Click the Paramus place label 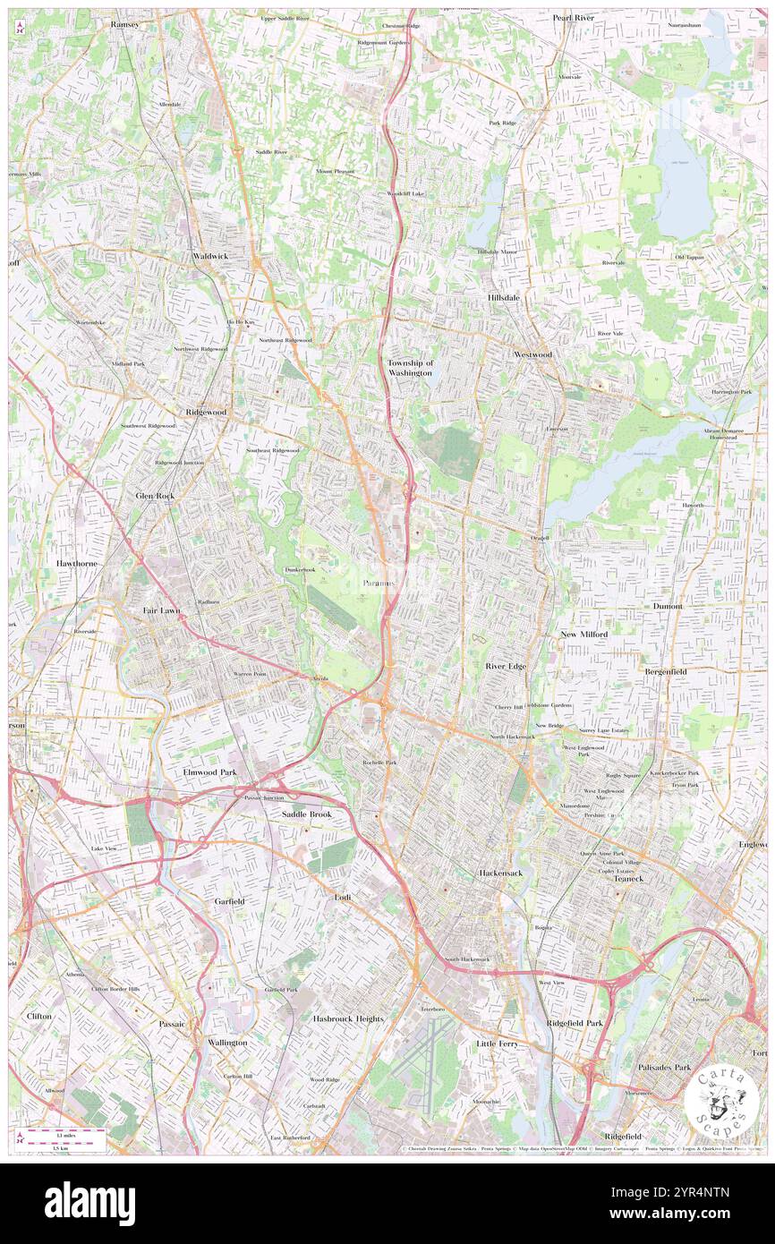pyautogui.click(x=379, y=583)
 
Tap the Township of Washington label pyautogui.click(x=411, y=367)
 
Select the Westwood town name pyautogui.click(x=532, y=354)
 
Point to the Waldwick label pyautogui.click(x=210, y=256)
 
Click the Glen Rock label pyautogui.click(x=155, y=495)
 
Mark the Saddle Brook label pyautogui.click(x=307, y=814)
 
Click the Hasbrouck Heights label pyautogui.click(x=348, y=1018)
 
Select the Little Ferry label pyautogui.click(x=500, y=1044)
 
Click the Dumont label pyautogui.click(x=668, y=606)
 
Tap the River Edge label pyautogui.click(x=506, y=667)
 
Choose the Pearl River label pyautogui.click(x=574, y=18)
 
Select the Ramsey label pyautogui.click(x=125, y=25)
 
